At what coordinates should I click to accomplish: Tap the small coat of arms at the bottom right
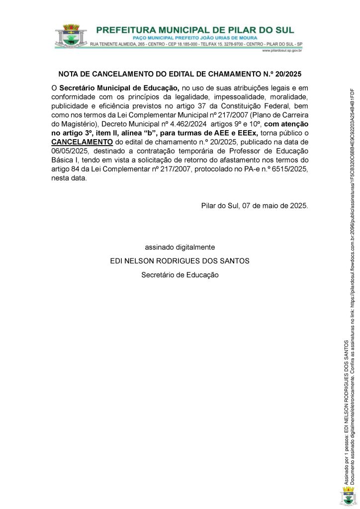click(x=348, y=497)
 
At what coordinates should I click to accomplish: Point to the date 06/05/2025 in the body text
click(x=71, y=151)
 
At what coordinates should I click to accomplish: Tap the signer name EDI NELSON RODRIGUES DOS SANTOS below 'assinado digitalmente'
click(x=180, y=260)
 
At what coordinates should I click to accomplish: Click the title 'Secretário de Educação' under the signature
click(x=180, y=274)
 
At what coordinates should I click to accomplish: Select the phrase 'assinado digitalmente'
click(x=180, y=247)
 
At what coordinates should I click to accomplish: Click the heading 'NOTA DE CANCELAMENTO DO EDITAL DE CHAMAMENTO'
click(x=159, y=74)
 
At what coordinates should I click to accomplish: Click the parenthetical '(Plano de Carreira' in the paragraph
click(x=278, y=114)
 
